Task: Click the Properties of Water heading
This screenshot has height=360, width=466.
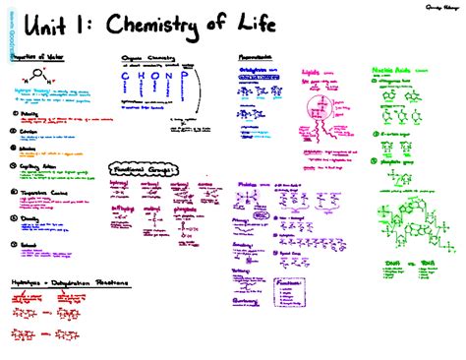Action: click(35, 56)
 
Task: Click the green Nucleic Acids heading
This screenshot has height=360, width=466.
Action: click(392, 70)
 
